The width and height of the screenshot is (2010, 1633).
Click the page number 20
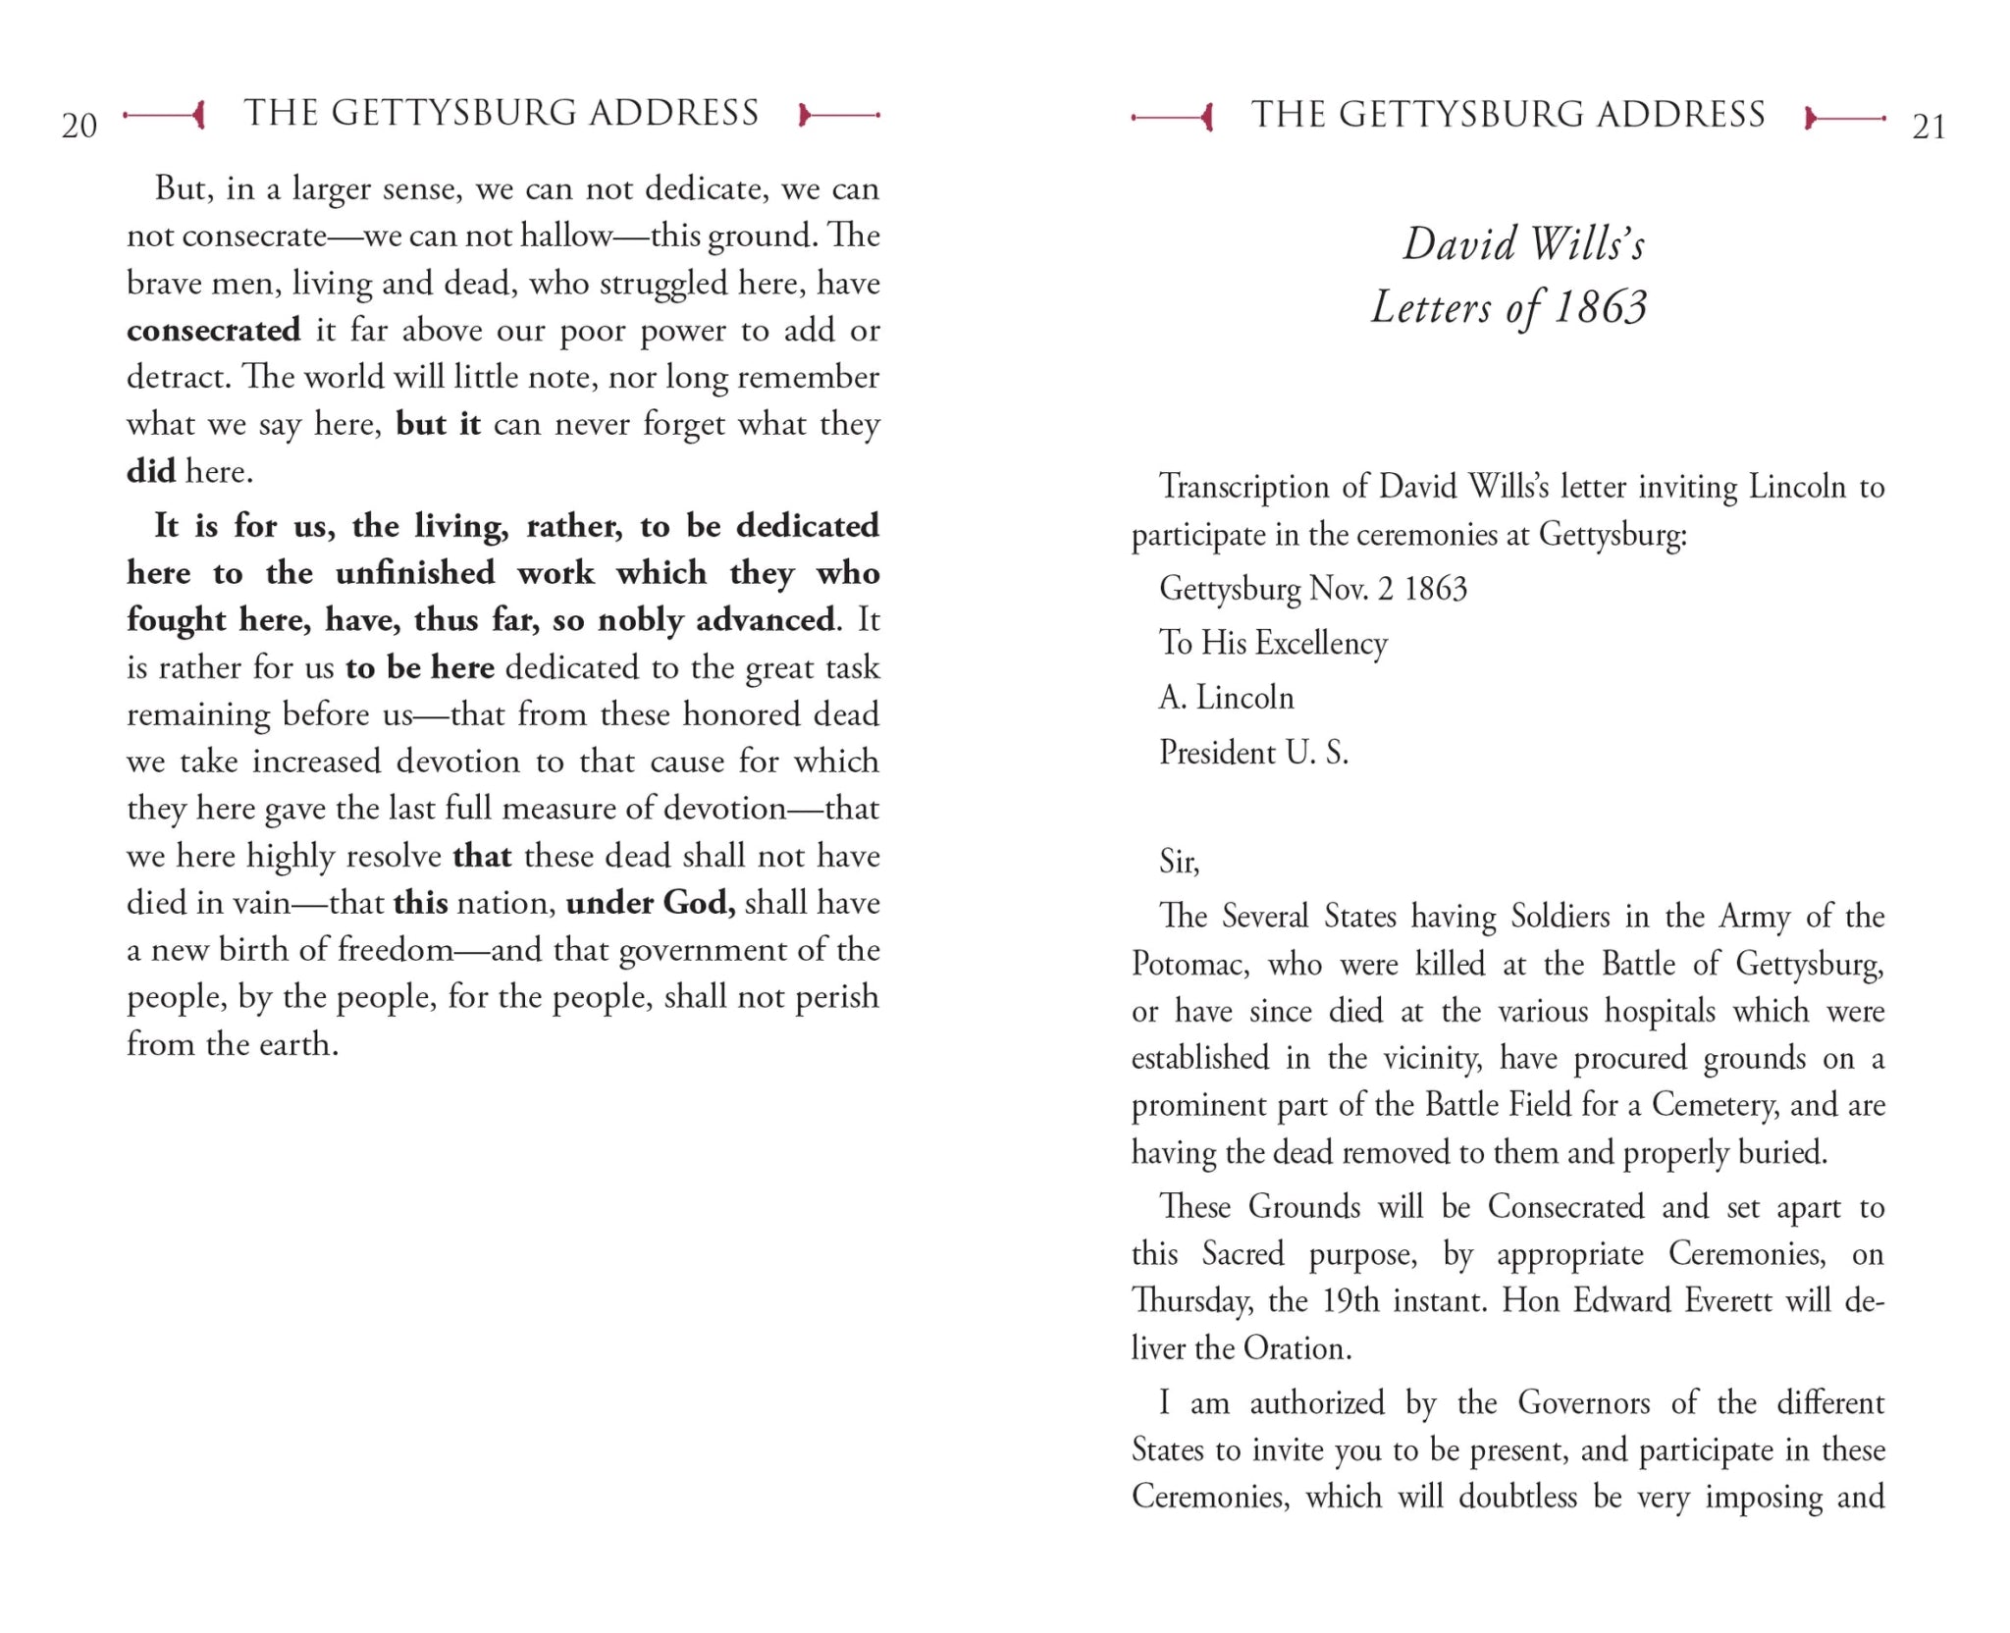(x=79, y=126)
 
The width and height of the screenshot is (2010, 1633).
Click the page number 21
(x=1929, y=127)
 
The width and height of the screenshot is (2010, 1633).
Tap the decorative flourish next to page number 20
(x=165, y=116)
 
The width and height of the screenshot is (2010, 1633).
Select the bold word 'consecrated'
(x=214, y=331)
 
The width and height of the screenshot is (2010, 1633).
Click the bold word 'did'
(x=151, y=471)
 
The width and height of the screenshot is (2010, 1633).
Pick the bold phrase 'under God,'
(x=651, y=903)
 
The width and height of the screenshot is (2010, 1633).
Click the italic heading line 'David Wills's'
(x=1523, y=243)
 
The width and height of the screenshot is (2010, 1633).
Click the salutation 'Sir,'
(x=1179, y=862)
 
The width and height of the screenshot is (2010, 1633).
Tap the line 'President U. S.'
(x=1253, y=753)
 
